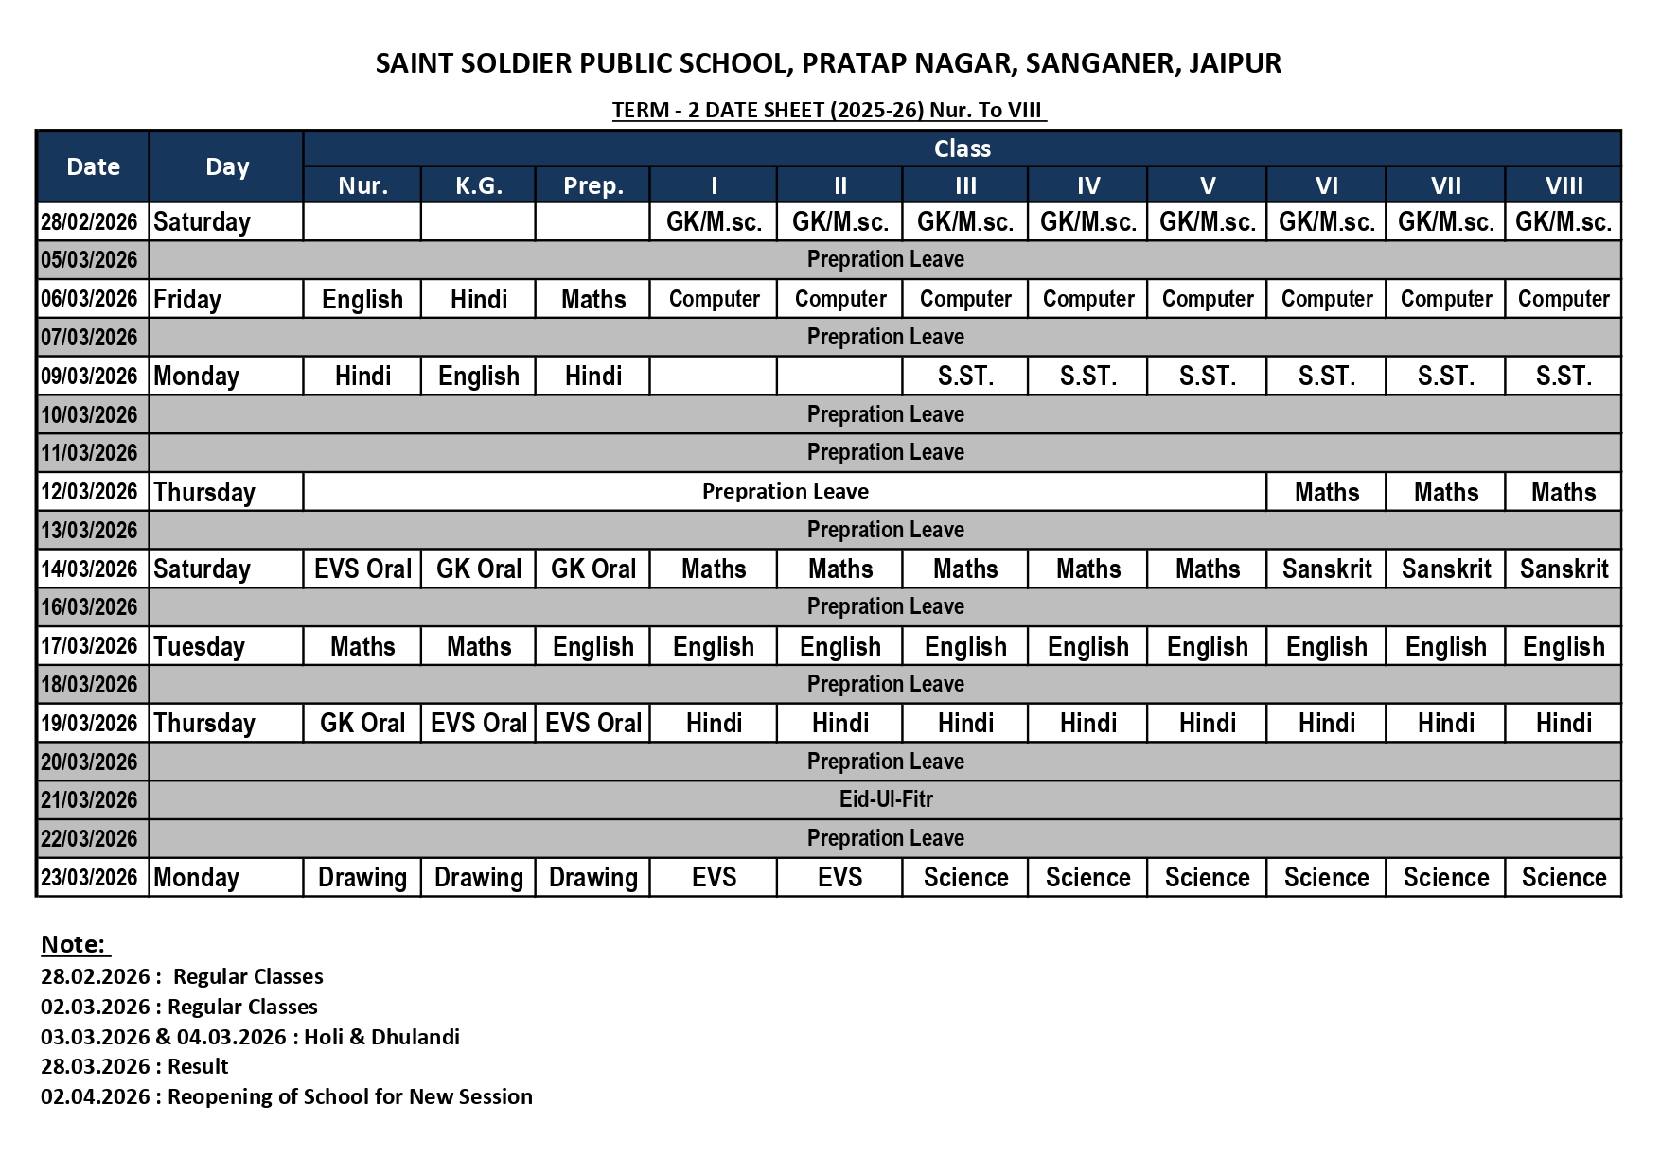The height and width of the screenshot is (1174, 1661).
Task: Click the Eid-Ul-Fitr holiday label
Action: [x=886, y=799]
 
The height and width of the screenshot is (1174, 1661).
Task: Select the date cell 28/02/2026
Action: [x=89, y=221]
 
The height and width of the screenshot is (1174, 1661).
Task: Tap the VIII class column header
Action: [x=1564, y=185]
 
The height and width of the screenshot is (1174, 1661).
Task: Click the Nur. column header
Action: [x=362, y=185]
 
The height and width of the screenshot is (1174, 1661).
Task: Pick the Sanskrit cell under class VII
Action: [x=1445, y=569]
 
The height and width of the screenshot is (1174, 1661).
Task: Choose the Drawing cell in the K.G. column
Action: [x=478, y=877]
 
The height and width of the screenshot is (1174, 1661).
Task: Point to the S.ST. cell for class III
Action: [x=965, y=376]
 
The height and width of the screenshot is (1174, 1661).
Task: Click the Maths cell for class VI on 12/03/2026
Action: [x=1326, y=492]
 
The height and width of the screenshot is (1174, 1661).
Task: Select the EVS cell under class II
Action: [x=839, y=877]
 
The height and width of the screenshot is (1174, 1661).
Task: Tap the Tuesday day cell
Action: [x=200, y=646]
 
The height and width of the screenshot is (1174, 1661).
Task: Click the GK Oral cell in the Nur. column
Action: [x=362, y=723]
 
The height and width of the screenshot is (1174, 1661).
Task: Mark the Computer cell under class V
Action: [x=1207, y=299]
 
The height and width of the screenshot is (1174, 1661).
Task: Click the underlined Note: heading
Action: [x=75, y=944]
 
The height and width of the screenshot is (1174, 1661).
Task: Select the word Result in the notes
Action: [x=198, y=1066]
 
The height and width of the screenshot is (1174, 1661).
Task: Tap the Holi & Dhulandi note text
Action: [x=381, y=1036]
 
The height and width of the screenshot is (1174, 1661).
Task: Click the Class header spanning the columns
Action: [x=962, y=149]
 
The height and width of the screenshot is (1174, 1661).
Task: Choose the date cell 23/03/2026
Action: [x=89, y=877]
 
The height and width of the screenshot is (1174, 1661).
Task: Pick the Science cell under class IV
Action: [x=1087, y=877]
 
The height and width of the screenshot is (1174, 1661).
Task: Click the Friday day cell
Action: [x=187, y=299]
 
